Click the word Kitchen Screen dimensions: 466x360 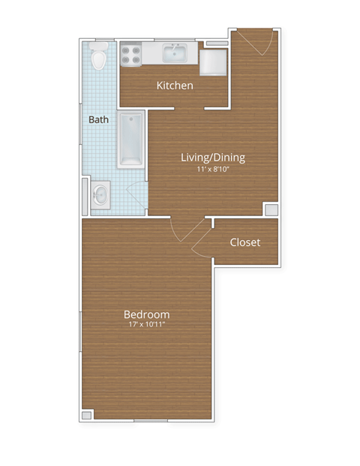175,86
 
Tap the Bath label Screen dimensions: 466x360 98,119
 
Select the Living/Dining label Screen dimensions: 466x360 213,158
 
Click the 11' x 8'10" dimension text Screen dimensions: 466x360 213,170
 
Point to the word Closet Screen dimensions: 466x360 244,242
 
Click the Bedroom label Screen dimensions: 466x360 146,314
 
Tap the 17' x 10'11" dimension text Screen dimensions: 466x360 146,326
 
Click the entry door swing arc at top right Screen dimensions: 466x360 259,44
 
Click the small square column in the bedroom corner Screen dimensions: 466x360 87,414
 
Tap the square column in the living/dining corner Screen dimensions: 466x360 270,209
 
